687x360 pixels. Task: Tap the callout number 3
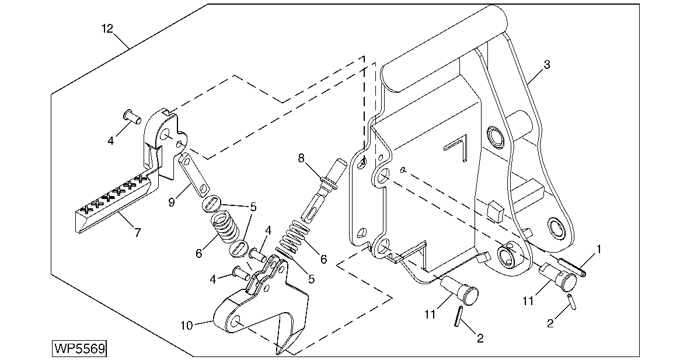pyautogui.click(x=546, y=65)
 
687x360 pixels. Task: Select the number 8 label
pyautogui.click(x=301, y=157)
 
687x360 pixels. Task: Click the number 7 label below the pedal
pyautogui.click(x=137, y=233)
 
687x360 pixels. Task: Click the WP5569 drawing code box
pyautogui.click(x=79, y=349)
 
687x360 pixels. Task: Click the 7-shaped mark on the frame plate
pyautogui.click(x=456, y=147)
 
